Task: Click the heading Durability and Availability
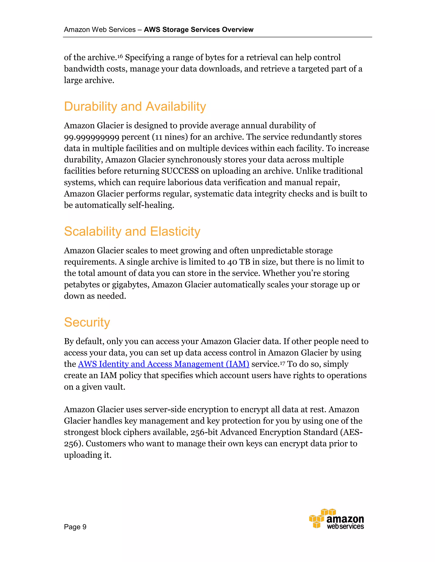pos(135,106)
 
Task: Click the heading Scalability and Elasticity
pos(132,231)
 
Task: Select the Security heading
pos(87,322)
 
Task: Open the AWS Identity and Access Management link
pos(164,364)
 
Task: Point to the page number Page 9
pos(75,527)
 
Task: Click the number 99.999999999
pos(92,137)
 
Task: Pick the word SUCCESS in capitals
pos(180,171)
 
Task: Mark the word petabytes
pos(82,285)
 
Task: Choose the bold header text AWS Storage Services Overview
pos(198,30)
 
